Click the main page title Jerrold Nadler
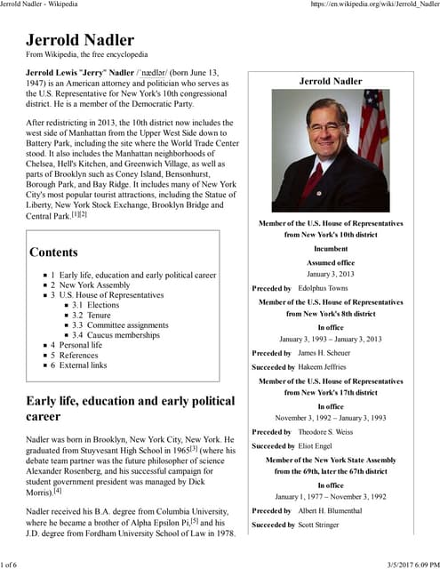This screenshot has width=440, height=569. coord(80,40)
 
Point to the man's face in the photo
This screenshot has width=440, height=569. coord(325,124)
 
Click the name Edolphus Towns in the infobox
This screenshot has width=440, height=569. coord(324,288)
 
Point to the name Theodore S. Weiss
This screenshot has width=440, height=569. coord(332,431)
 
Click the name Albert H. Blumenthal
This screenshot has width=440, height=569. coord(334,511)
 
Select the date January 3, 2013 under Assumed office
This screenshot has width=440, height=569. coord(330,275)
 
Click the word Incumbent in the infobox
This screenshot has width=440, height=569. coord(330,249)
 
